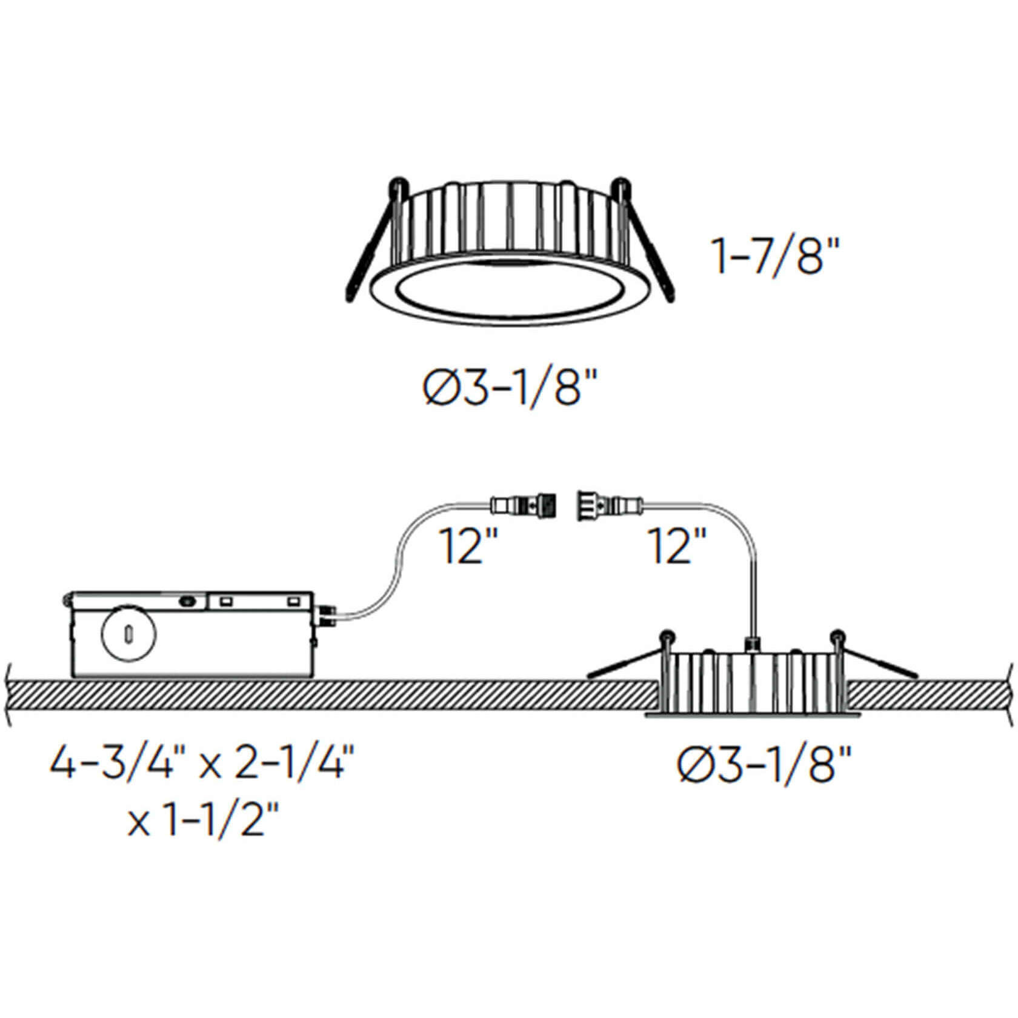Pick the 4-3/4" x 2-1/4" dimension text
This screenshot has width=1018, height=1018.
point(202,767)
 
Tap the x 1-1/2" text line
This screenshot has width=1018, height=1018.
point(204,824)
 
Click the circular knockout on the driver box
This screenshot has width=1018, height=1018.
point(128,634)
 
